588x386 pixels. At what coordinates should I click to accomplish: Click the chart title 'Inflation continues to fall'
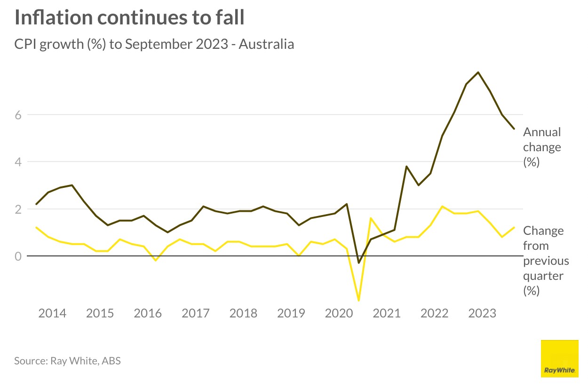tap(130, 18)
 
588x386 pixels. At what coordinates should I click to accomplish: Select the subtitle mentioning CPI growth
tap(154, 44)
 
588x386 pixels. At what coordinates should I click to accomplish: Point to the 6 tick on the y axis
tap(18, 115)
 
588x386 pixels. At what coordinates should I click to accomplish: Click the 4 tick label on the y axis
tap(18, 162)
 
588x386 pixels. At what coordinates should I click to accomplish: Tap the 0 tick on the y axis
tap(18, 256)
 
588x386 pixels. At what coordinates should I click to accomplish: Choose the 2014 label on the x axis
tap(52, 313)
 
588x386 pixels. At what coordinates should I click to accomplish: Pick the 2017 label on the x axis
tap(195, 313)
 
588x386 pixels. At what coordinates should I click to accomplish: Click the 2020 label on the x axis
tap(339, 313)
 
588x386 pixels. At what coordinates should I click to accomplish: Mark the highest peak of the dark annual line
tap(478, 72)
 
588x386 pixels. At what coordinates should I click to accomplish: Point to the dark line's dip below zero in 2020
tap(359, 263)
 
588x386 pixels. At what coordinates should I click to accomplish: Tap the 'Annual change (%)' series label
tap(542, 147)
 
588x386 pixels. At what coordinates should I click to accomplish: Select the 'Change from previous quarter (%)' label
tap(546, 261)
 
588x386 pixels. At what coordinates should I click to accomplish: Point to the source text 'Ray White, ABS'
tap(67, 361)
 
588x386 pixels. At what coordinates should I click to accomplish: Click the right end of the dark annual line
tap(514, 129)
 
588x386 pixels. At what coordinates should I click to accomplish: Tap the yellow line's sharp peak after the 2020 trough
tap(371, 218)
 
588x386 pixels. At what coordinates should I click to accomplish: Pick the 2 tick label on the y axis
tap(18, 209)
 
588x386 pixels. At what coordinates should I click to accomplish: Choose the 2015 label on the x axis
tap(100, 313)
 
